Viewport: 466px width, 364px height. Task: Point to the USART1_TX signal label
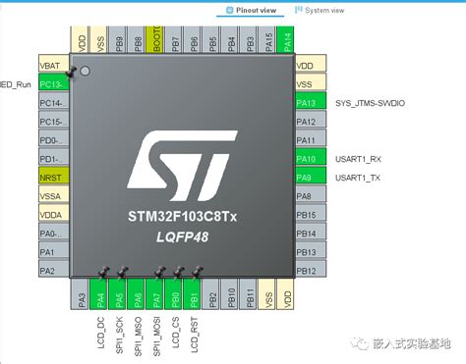[358, 178]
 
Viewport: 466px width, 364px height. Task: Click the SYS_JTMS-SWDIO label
[370, 102]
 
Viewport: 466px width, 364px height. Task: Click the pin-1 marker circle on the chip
[85, 72]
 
